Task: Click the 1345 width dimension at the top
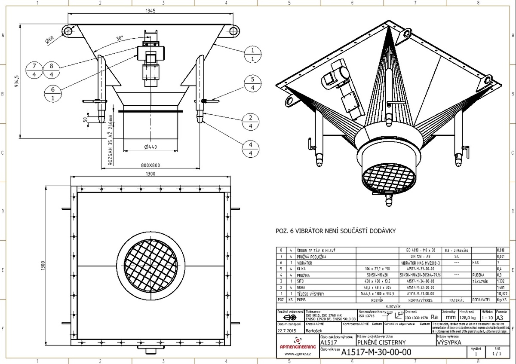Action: (x=150, y=10)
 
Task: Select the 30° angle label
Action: (x=120, y=38)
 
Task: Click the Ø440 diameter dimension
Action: (x=150, y=147)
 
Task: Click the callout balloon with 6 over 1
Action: (x=53, y=93)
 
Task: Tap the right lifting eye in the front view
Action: (x=233, y=30)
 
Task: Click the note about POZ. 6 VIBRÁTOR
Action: (x=335, y=231)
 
